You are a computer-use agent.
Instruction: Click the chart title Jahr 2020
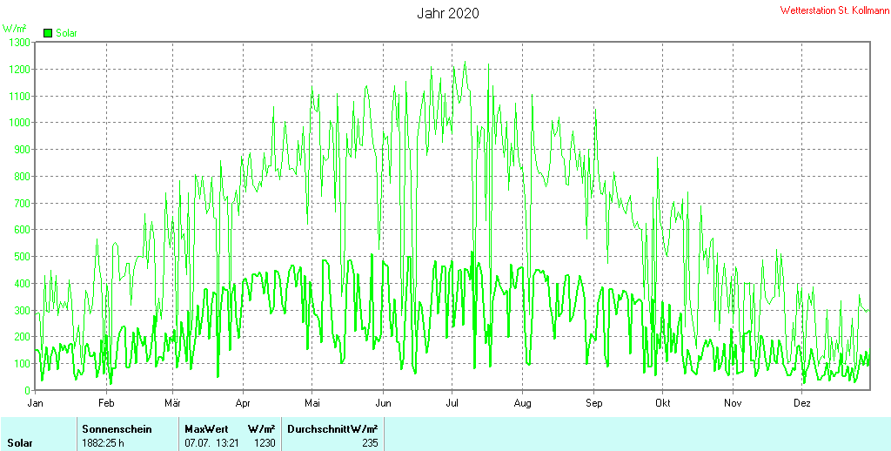448,13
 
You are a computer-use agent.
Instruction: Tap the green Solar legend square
48,33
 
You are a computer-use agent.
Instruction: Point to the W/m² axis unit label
14,29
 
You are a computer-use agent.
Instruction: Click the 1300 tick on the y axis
19,42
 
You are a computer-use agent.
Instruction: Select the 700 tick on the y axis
22,203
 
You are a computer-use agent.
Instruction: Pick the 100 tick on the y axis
22,363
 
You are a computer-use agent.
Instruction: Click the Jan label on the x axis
35,403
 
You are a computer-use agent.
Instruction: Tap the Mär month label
173,403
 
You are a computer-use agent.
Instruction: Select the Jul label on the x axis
452,403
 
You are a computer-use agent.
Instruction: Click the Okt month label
662,403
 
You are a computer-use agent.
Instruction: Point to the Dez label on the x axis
801,403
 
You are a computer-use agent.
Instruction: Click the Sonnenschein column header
117,429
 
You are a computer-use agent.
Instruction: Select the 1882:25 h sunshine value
103,443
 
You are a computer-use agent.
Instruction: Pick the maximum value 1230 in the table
265,443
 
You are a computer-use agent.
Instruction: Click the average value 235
369,443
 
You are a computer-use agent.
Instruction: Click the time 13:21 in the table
229,443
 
